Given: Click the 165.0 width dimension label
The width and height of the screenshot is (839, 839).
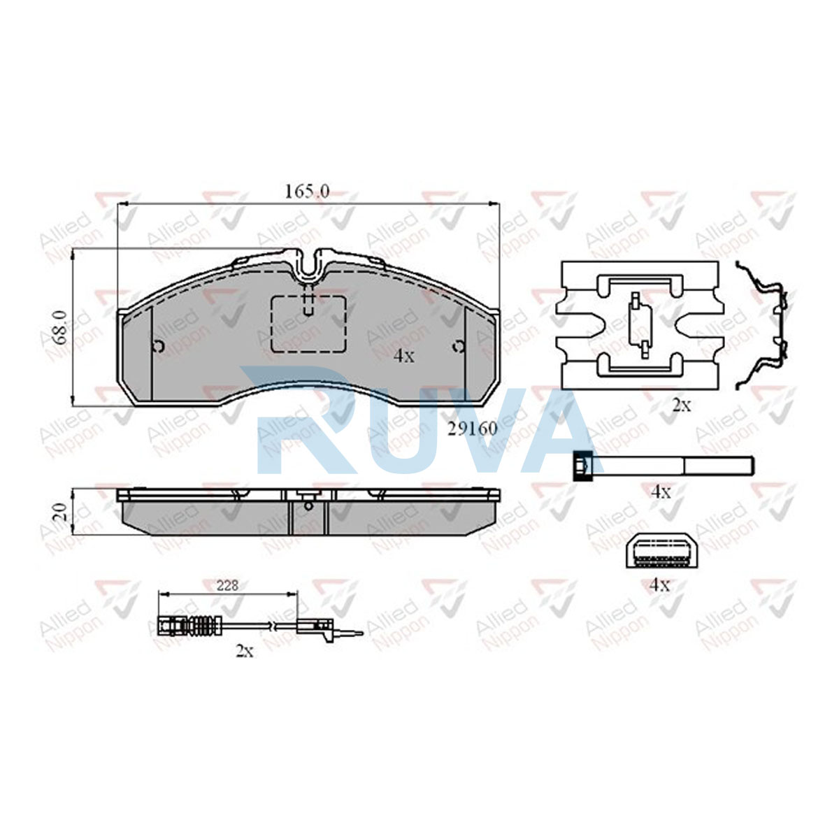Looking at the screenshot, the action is pyautogui.click(x=307, y=192).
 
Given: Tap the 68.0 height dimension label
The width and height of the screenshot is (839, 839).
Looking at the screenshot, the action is pyautogui.click(x=59, y=327).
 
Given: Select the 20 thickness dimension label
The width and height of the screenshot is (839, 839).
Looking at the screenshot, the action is pyautogui.click(x=59, y=512).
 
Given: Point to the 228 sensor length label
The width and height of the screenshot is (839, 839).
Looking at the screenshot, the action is pyautogui.click(x=227, y=586).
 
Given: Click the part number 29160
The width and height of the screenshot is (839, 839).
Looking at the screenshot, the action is pyautogui.click(x=473, y=429).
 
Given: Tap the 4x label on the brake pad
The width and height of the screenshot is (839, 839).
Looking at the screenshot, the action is pyautogui.click(x=403, y=357).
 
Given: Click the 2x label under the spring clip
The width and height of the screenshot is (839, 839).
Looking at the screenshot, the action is pyautogui.click(x=682, y=406).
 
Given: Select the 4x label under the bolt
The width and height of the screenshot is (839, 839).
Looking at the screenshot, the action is pyautogui.click(x=661, y=492).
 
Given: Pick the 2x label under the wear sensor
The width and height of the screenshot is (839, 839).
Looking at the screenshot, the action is pyautogui.click(x=244, y=651).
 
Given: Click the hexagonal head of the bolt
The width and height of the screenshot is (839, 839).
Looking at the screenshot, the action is pyautogui.click(x=583, y=466).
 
